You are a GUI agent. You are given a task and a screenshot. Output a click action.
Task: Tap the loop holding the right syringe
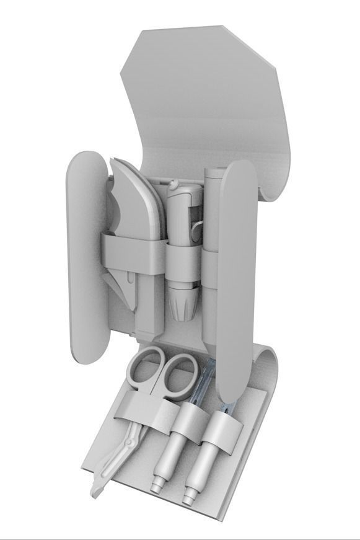pyautogui.click(x=221, y=428)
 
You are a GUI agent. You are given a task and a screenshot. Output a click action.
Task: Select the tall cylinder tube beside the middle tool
pyautogui.click(x=213, y=248)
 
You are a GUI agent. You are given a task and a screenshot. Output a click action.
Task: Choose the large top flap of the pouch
pyautogui.click(x=211, y=99)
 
